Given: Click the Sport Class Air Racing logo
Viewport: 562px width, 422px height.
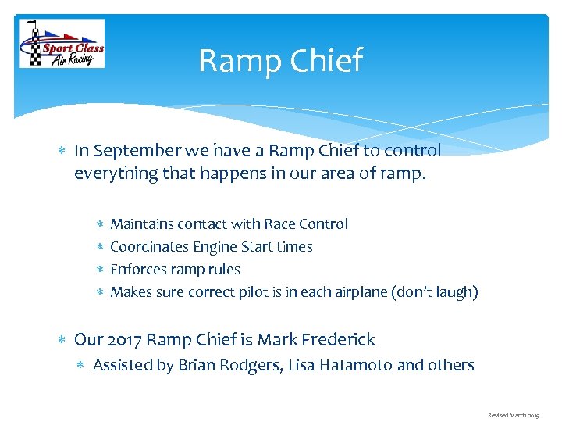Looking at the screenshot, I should (62, 44).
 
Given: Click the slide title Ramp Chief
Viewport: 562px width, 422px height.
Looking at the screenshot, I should (280, 60).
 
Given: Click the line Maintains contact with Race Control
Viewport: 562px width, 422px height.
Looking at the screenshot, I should (229, 224).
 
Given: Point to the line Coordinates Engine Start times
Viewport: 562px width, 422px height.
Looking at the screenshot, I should (211, 247).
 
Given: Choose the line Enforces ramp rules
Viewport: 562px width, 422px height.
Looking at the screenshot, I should (175, 270).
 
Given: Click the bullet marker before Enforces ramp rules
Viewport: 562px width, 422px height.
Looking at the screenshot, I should (99, 270).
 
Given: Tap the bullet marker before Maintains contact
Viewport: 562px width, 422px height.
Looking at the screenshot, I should (99, 224).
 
